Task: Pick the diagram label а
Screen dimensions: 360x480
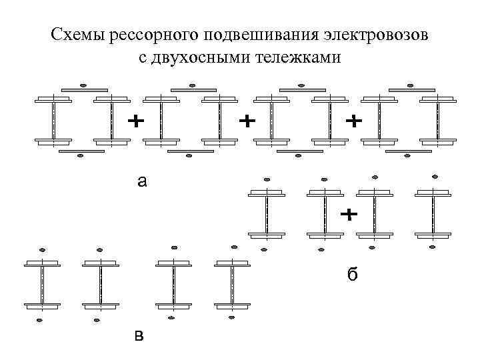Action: [141, 180]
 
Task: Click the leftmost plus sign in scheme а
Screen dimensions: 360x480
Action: [135, 121]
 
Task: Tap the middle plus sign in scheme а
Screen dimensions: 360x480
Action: [247, 121]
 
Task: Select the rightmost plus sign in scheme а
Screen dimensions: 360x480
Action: [353, 121]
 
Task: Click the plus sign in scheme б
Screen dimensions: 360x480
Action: [349, 215]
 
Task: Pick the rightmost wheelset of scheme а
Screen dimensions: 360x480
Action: [437, 121]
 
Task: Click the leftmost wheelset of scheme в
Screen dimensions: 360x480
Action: [42, 285]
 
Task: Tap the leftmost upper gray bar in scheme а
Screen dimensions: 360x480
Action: [84, 90]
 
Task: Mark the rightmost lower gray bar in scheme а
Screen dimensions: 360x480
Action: [408, 151]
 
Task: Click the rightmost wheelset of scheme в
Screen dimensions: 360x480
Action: [232, 285]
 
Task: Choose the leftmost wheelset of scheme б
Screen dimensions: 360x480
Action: [267, 214]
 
